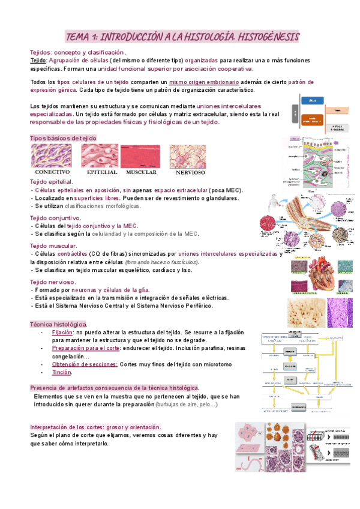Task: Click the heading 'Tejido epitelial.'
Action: coord(52,181)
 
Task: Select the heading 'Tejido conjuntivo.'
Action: coord(55,218)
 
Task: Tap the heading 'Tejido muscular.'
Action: coord(53,245)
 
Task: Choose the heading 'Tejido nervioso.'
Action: coord(53,282)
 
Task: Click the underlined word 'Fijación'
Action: coord(62,332)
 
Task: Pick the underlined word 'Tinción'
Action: coord(62,372)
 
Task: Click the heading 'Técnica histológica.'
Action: coord(59,324)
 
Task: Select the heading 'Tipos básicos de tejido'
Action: coord(62,138)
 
